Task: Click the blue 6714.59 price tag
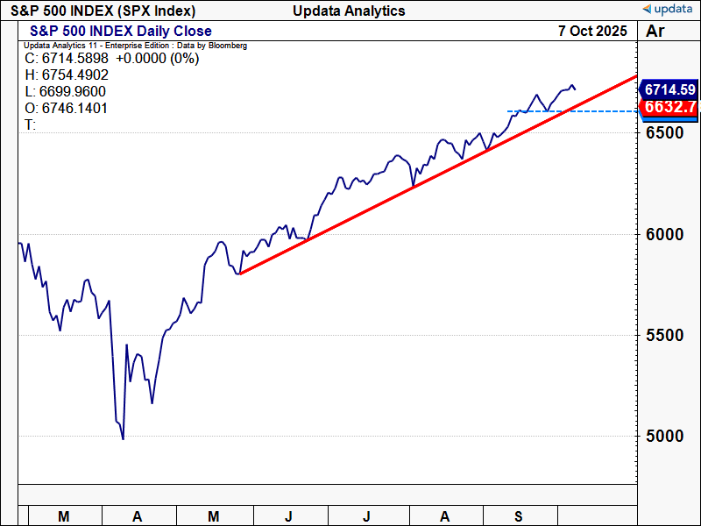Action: point(669,89)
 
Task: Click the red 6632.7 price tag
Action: point(669,107)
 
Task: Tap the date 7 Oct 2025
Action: point(592,31)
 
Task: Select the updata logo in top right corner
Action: point(669,10)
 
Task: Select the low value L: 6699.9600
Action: point(67,92)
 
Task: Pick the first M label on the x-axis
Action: point(63,516)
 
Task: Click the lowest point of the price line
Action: point(123,438)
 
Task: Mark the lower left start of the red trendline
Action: point(240,274)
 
